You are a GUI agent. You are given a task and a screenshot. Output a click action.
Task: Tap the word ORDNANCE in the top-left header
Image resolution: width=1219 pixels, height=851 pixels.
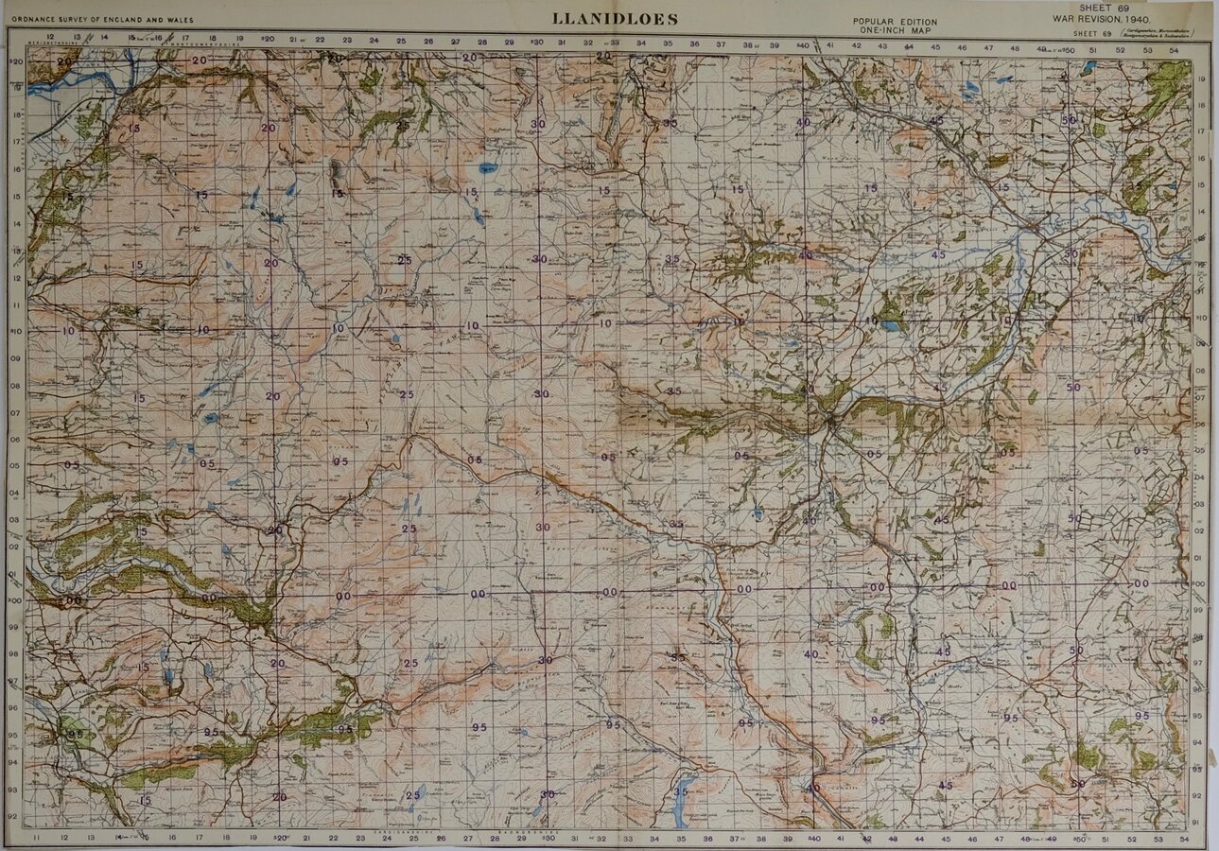click(32, 17)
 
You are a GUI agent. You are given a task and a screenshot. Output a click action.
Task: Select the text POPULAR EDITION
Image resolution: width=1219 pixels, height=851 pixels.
click(895, 22)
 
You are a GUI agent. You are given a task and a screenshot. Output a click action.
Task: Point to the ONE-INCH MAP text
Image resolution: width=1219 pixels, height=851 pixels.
click(895, 30)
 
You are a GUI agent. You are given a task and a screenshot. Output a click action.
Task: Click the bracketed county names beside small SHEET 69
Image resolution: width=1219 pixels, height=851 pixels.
click(1158, 33)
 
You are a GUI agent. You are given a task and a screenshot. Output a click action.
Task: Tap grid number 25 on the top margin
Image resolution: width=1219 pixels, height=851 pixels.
click(401, 42)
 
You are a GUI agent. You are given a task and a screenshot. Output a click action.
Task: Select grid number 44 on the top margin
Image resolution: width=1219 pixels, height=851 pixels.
click(909, 45)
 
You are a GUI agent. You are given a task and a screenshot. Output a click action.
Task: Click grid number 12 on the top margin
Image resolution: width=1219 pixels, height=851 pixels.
click(63, 39)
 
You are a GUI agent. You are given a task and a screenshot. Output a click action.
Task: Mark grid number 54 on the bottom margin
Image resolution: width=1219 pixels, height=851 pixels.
click(1185, 838)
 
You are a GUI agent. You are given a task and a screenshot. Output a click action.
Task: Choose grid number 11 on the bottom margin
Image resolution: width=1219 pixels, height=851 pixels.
click(36, 838)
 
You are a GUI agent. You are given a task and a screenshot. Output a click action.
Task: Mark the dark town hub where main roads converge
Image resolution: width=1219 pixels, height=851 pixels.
click(828, 430)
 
